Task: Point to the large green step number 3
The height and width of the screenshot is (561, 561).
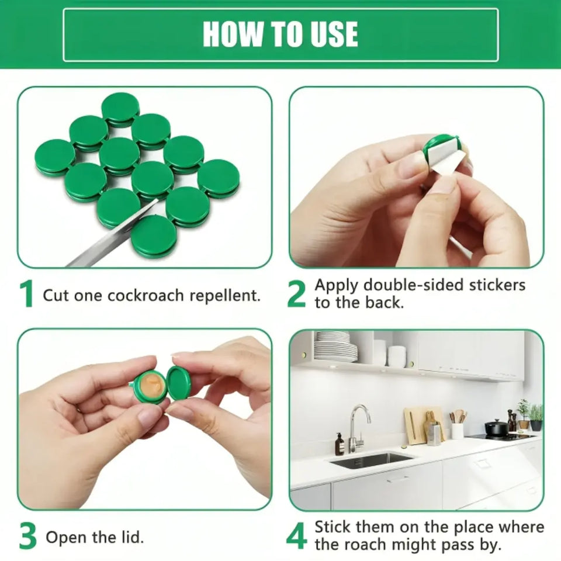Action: [28, 536]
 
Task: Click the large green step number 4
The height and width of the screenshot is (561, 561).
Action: [297, 536]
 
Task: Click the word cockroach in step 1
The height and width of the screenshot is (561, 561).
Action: [146, 296]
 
